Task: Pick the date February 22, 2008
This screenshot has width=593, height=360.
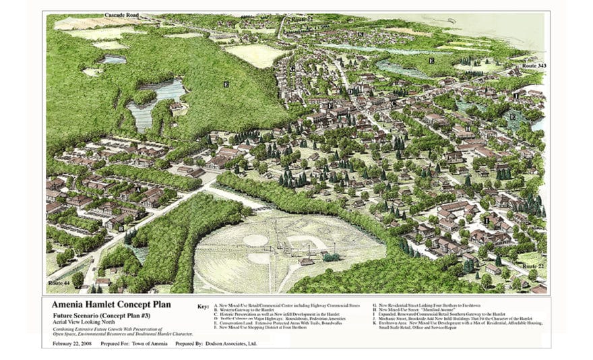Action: (73, 344)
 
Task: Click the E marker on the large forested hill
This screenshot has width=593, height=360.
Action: (226, 84)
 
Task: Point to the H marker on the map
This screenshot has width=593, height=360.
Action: (468, 127)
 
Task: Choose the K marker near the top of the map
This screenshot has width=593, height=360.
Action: (361, 34)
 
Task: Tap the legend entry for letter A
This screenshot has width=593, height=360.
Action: (290, 305)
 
